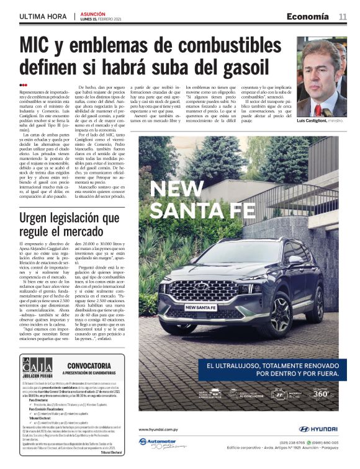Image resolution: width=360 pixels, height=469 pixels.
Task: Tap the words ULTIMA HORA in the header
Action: pos(42,17)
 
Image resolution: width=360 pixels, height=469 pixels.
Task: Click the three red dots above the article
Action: pos(23,85)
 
